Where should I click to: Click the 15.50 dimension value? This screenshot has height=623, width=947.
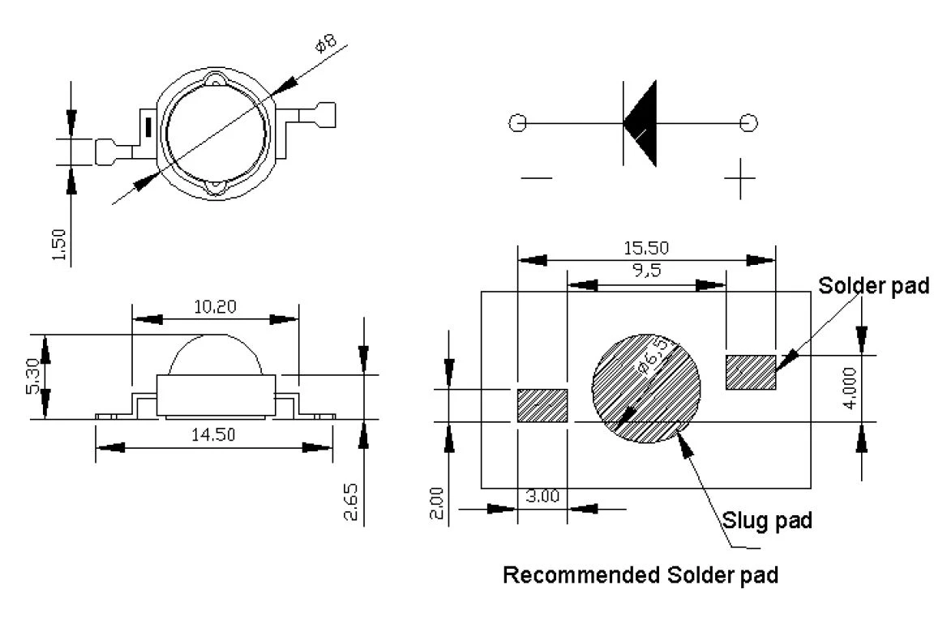pos(645,248)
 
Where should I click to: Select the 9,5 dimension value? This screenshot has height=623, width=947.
pos(647,270)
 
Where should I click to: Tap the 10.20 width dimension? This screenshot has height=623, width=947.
pos(215,307)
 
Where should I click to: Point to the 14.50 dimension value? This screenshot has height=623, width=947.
pos(213,434)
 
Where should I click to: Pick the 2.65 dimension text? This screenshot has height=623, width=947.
pos(351,501)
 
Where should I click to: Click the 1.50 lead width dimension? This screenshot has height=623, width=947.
pos(58,245)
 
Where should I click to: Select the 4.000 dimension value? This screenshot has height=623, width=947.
pos(850,388)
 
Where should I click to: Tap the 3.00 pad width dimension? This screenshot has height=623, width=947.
pos(542,497)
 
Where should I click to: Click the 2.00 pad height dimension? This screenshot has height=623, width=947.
pos(436,503)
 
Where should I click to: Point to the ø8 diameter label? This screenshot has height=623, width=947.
pos(326,44)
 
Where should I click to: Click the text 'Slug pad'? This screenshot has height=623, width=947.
pos(767,520)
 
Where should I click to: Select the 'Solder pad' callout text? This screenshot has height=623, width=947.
pos(873,285)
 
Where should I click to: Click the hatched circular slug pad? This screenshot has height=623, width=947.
pos(646,388)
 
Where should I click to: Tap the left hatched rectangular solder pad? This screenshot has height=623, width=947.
pos(542,405)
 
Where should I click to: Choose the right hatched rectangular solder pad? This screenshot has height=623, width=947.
pos(751,372)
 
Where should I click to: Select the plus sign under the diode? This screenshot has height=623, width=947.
pos(739,178)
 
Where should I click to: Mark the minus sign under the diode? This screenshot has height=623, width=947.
pos(536,177)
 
